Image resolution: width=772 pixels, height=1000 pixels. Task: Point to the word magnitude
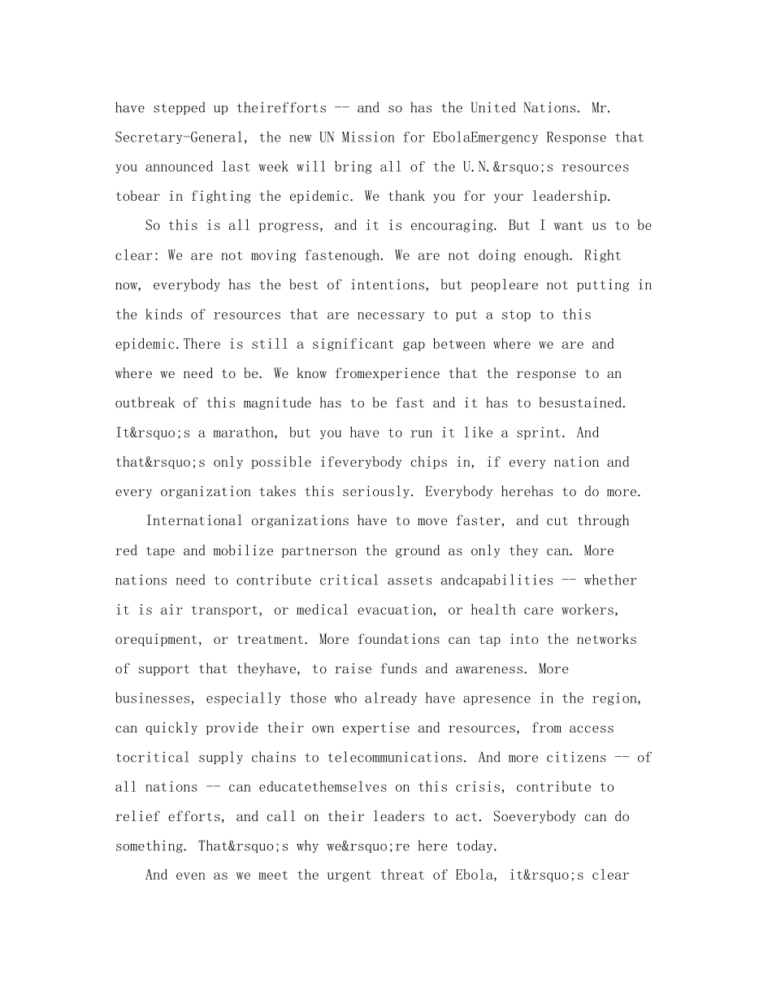tap(297, 403)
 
